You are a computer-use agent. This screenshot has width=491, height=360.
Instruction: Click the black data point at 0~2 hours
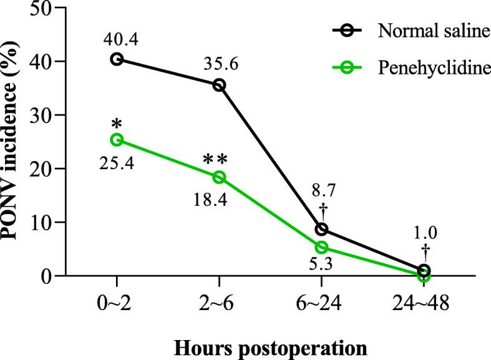tap(117, 59)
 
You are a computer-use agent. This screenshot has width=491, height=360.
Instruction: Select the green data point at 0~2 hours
tap(117, 140)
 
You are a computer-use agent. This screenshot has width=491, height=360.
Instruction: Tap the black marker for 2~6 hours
tap(219, 85)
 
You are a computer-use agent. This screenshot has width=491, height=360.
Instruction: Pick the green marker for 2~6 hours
tap(219, 177)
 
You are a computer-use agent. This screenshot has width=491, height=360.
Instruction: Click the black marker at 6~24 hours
tap(321, 229)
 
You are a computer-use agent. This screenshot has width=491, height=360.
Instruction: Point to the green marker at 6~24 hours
tap(321, 247)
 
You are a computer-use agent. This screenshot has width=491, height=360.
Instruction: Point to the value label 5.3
tap(321, 266)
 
